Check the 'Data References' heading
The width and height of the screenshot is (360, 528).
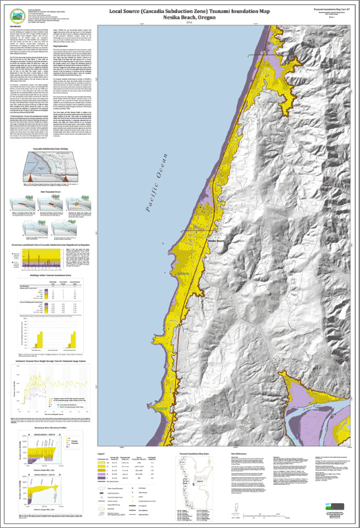[240, 454]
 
